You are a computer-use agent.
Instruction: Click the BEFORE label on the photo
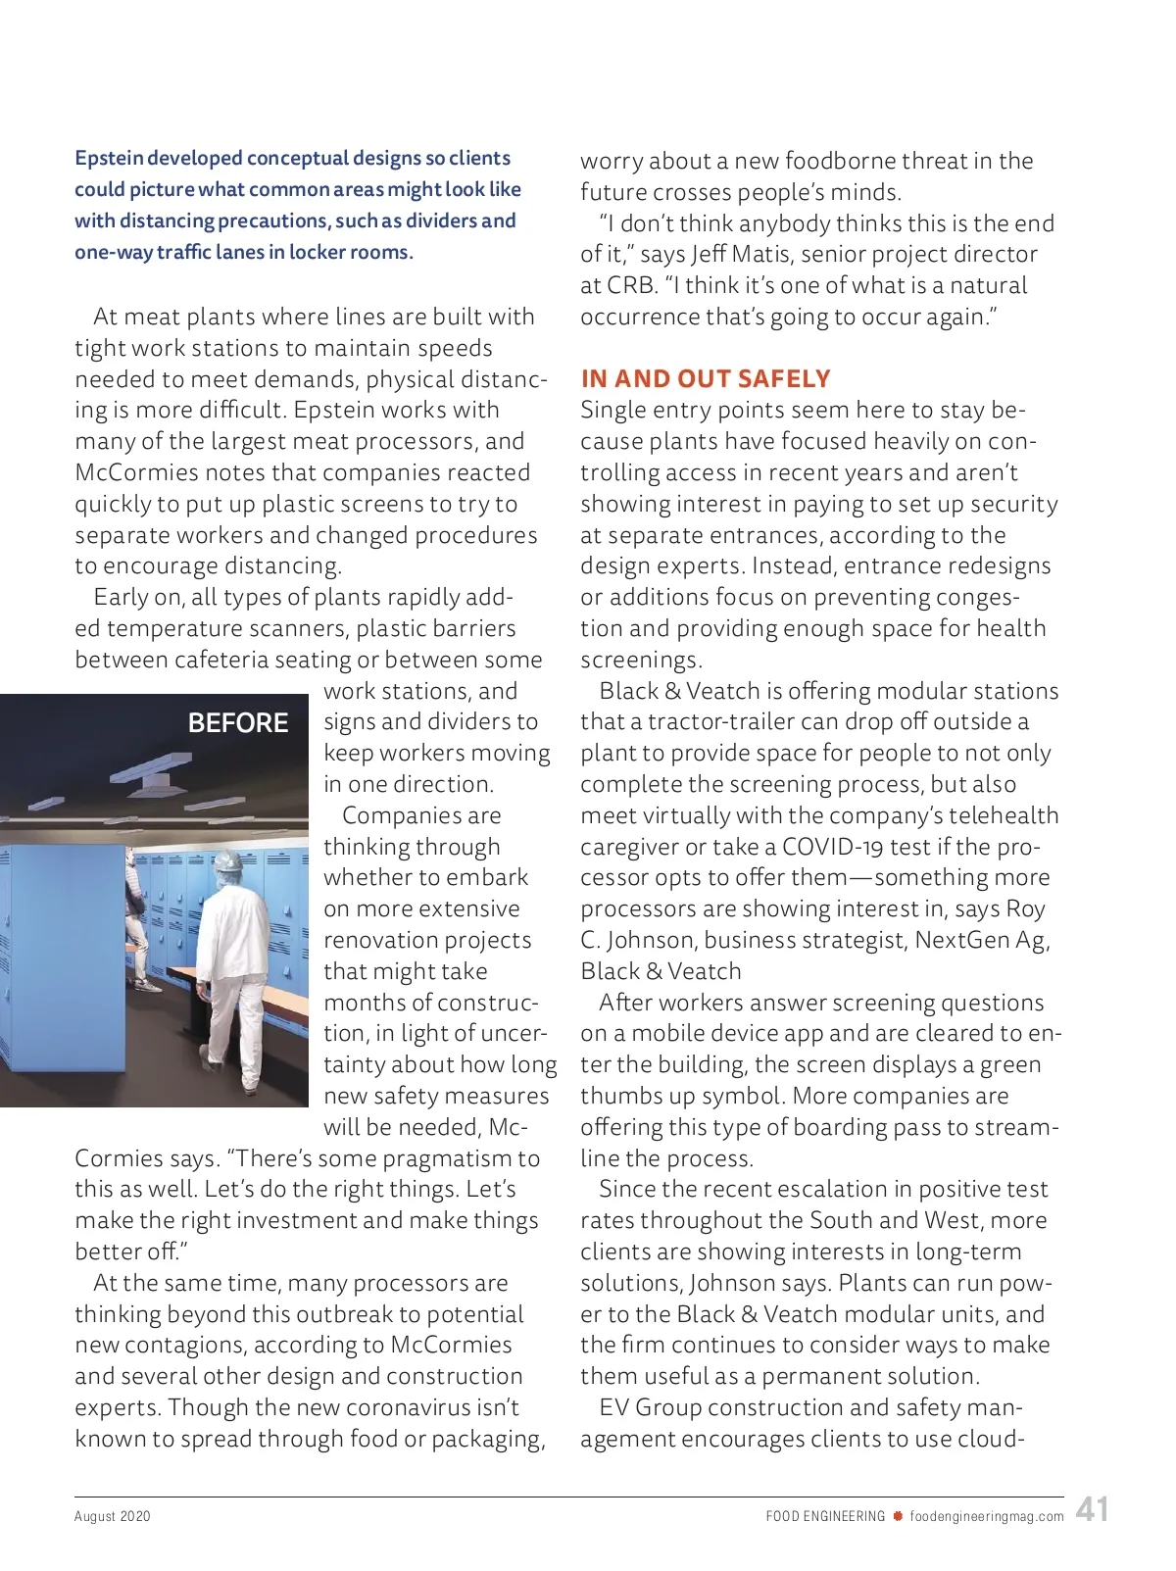pos(238,723)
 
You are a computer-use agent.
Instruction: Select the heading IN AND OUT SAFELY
pos(706,379)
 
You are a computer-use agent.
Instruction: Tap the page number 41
pos(1092,1509)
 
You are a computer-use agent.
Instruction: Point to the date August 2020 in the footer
pos(113,1516)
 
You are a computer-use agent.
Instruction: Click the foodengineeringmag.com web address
pos(987,1516)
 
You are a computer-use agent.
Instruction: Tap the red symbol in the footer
pos(898,1516)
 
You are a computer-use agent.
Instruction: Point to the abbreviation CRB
pos(630,286)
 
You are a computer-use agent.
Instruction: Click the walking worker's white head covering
pos(228,861)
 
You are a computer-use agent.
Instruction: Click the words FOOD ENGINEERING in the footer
pos(825,1516)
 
